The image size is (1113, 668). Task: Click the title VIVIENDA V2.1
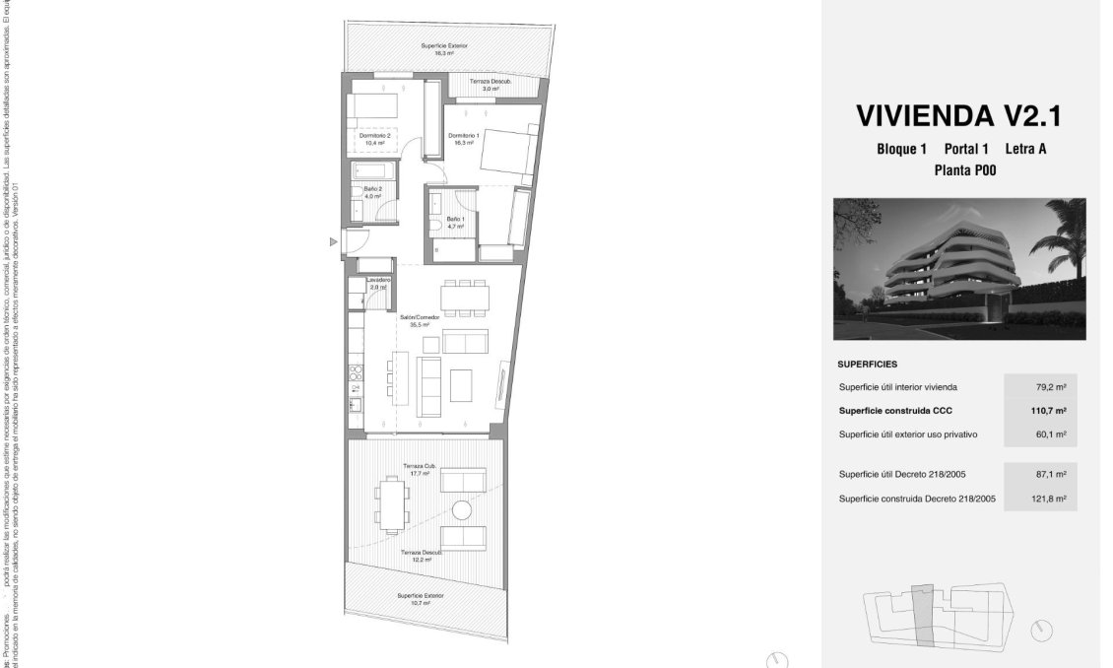point(958,115)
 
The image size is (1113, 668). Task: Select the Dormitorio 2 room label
point(375,139)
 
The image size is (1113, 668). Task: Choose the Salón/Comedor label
point(414,320)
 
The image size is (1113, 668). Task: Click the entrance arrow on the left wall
point(334,242)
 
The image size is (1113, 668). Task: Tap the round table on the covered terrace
point(462,509)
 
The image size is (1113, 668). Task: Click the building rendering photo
point(959,268)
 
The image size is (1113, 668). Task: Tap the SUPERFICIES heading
point(868,364)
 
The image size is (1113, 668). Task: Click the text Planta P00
point(958,169)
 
